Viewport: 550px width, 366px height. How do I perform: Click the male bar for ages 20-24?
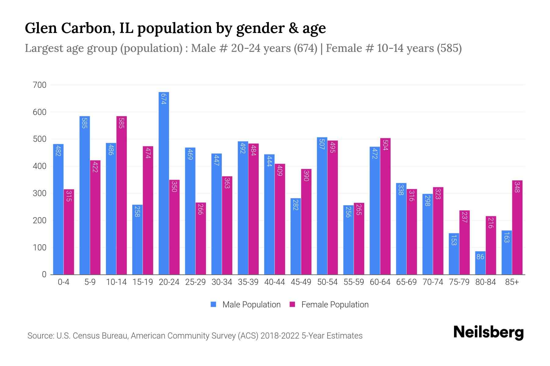(164, 183)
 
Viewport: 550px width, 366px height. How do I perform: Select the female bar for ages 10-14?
(122, 195)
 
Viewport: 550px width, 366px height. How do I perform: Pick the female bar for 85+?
(517, 227)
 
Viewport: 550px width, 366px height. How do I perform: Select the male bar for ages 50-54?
(322, 206)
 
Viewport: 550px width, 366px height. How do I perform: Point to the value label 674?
(164, 99)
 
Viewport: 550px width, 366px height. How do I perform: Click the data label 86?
(480, 257)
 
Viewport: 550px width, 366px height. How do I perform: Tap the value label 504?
(385, 145)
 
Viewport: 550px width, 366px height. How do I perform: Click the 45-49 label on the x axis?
(301, 282)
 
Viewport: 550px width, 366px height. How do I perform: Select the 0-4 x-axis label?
(64, 282)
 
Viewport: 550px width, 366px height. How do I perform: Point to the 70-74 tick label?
(433, 282)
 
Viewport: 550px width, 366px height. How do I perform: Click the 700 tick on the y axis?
(39, 85)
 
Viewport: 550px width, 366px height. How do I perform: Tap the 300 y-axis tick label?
(39, 193)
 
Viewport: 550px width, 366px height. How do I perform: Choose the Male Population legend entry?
(251, 305)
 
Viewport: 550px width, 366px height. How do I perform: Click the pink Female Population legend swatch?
(292, 304)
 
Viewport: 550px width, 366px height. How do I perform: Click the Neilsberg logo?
(488, 332)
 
